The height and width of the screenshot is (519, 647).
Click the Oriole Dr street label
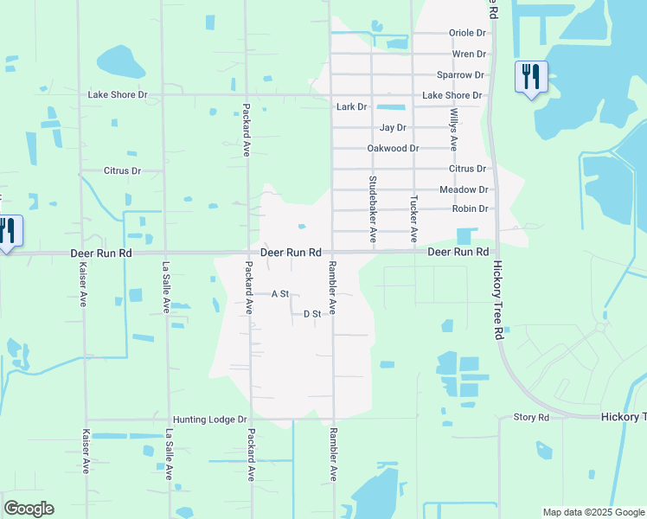pyautogui.click(x=467, y=33)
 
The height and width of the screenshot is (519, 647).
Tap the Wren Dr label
pyautogui.click(x=470, y=54)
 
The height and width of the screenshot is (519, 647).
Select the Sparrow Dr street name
pyautogui.click(x=460, y=75)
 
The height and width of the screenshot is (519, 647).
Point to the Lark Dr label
pyautogui.click(x=351, y=107)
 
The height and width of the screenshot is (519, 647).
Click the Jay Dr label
pyautogui.click(x=393, y=128)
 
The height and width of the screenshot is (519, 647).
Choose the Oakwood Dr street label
pyautogui.click(x=393, y=149)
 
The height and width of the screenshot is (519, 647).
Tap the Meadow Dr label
pyautogui.click(x=464, y=189)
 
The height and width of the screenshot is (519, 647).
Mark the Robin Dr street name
pyautogui.click(x=470, y=209)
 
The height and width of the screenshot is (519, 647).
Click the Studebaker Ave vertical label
pyautogui.click(x=373, y=208)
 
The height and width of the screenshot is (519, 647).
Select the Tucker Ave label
pyautogui.click(x=413, y=217)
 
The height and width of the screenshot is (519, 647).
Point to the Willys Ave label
pyautogui.click(x=453, y=130)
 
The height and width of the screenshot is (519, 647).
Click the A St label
pyautogui.click(x=279, y=294)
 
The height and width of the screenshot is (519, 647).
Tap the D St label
pyautogui.click(x=312, y=314)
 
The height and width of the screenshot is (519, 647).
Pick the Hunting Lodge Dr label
pyautogui.click(x=209, y=420)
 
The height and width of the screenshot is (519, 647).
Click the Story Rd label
pyautogui.click(x=531, y=418)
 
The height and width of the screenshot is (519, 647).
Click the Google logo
pyautogui.click(x=29, y=509)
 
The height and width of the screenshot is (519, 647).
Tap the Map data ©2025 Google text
pyautogui.click(x=593, y=512)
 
